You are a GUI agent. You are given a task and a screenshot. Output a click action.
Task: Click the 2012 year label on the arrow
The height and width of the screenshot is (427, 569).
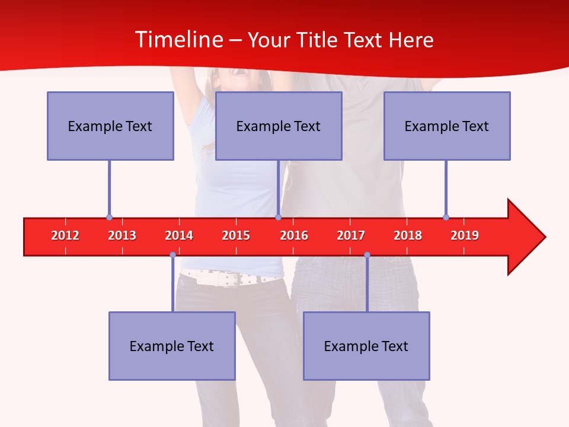[x=65, y=235]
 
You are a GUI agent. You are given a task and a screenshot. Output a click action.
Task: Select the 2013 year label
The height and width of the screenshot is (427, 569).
[x=122, y=235]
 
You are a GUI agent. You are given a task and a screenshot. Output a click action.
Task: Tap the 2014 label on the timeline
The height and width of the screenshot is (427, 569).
[x=179, y=235]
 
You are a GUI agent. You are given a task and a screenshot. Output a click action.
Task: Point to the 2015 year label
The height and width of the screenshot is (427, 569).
[x=236, y=235]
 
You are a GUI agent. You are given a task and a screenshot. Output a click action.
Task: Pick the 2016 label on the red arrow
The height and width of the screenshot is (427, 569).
[x=294, y=235]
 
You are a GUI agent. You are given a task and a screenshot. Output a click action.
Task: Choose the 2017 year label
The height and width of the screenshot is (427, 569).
[x=351, y=235]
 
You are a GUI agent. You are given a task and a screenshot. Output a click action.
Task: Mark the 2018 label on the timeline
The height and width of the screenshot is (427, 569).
[x=408, y=235]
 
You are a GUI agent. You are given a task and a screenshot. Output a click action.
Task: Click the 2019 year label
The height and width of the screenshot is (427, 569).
[x=465, y=235]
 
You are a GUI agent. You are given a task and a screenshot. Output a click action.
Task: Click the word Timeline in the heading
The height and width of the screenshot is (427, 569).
[x=178, y=40]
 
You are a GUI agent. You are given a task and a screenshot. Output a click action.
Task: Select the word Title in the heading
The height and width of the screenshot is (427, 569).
[x=318, y=40]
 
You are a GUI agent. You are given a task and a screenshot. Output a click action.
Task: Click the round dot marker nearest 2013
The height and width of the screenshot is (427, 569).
[x=109, y=218]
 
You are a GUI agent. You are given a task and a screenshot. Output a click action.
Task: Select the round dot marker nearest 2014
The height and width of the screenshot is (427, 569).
[x=172, y=254]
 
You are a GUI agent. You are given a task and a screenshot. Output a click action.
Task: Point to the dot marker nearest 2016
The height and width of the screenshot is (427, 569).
[x=278, y=218]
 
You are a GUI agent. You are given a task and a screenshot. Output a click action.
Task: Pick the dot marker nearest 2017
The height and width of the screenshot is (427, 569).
[x=367, y=254]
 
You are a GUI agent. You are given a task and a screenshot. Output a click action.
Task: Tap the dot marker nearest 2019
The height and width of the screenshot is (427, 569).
[x=446, y=218]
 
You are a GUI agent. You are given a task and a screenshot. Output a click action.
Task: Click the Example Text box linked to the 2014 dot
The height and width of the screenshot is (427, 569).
[x=172, y=346]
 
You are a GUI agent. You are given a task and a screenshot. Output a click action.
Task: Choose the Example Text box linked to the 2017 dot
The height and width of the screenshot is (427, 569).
[x=366, y=346]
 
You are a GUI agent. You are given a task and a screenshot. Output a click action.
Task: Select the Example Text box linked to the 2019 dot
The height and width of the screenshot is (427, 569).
[x=447, y=126]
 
